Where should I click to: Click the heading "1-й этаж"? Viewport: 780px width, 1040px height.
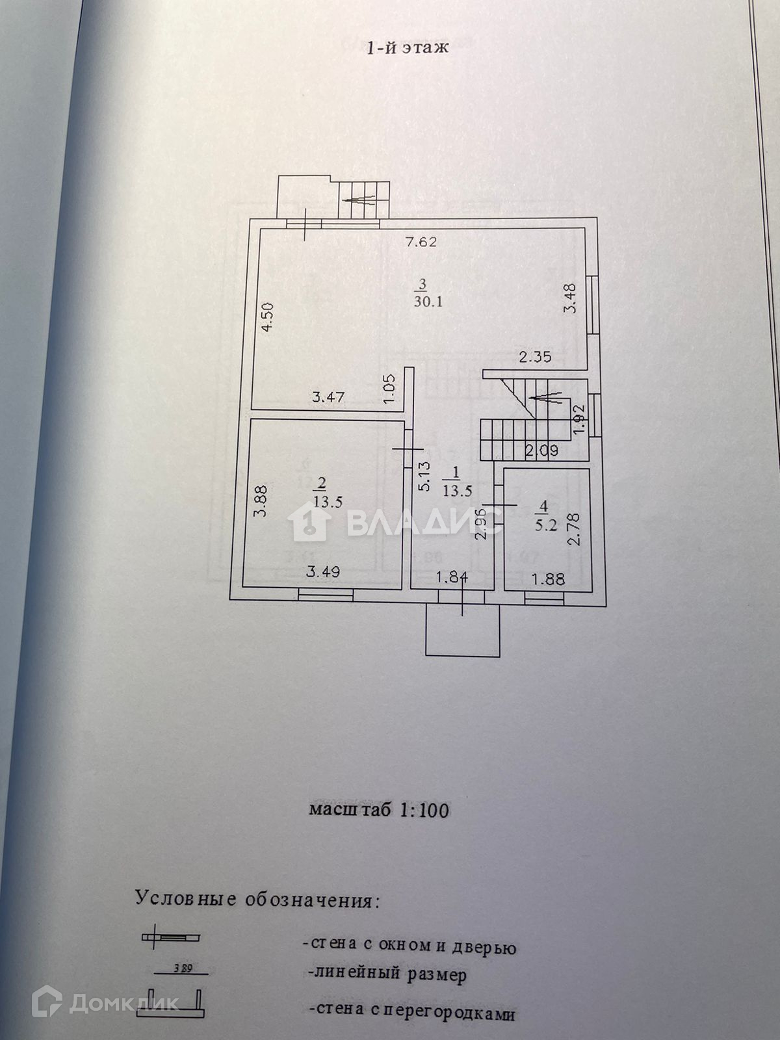click(408, 47)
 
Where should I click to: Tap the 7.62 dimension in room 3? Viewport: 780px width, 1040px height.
click(421, 243)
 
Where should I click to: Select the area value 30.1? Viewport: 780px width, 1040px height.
click(428, 301)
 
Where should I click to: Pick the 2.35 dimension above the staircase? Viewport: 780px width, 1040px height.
click(535, 356)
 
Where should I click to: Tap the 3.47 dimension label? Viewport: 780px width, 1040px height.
click(328, 397)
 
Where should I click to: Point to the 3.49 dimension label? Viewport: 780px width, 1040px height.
click(324, 572)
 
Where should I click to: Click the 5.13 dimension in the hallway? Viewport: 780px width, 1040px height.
click(424, 476)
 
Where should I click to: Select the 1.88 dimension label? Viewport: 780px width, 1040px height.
click(548, 578)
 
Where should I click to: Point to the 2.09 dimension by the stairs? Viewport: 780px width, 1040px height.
click(541, 449)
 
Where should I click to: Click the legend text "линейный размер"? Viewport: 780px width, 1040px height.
click(387, 975)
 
